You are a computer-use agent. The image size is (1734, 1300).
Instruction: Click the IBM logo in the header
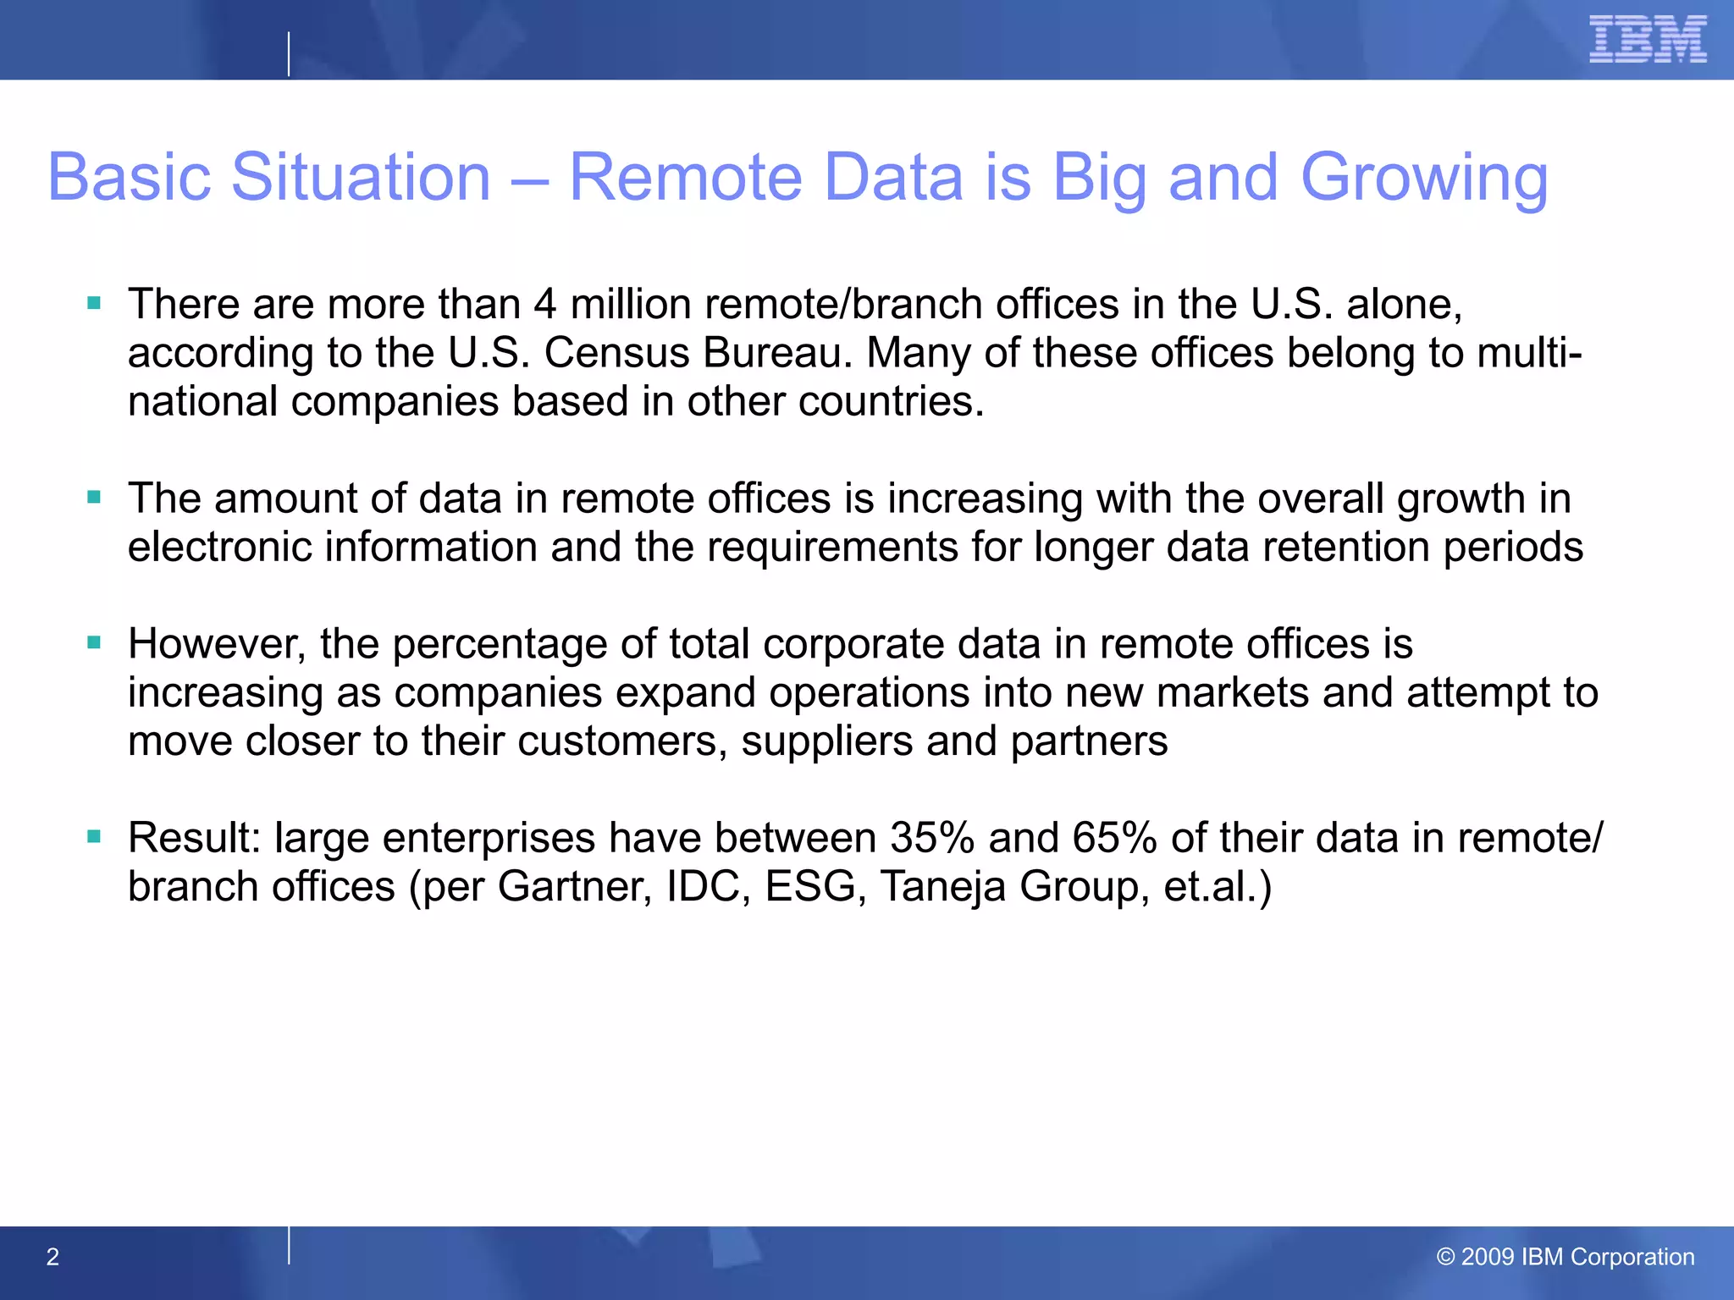(1647, 40)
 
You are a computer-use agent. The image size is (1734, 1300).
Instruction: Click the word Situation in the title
(361, 178)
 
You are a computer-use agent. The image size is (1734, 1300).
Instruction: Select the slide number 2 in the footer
(52, 1257)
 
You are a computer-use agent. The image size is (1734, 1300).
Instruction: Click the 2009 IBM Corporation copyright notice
(1566, 1257)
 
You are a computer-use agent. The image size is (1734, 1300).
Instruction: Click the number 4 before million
(544, 304)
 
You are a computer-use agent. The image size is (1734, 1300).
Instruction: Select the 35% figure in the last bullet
(932, 838)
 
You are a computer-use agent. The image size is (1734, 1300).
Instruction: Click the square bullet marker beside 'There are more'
(94, 303)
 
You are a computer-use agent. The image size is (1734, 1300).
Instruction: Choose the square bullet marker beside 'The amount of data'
(94, 497)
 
